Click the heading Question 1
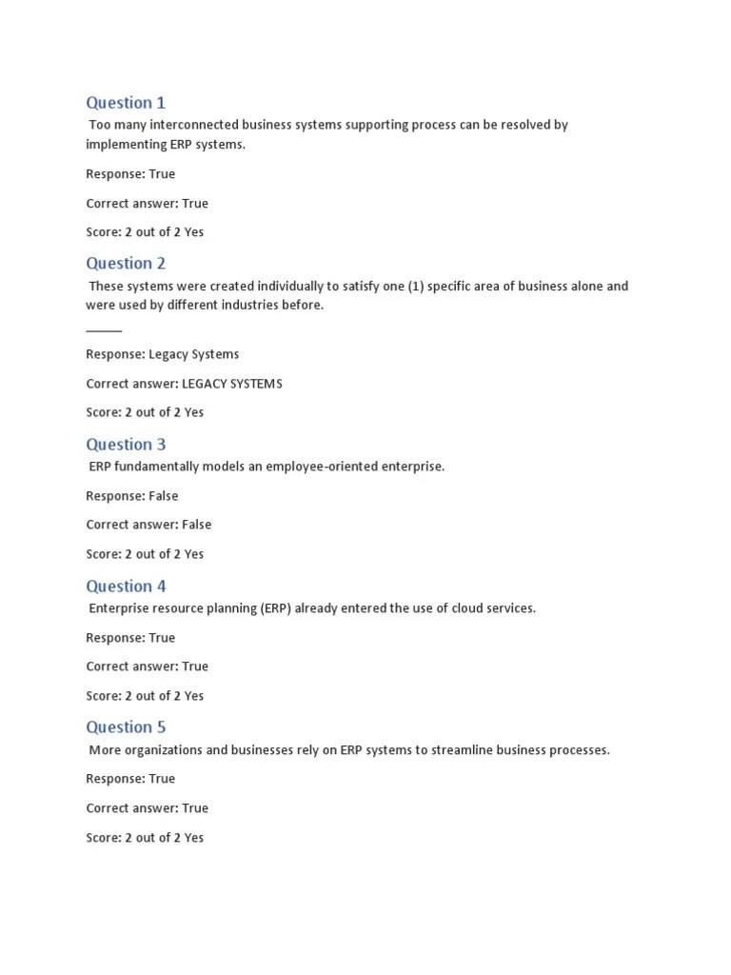tap(126, 103)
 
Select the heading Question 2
tap(126, 264)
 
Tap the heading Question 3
tap(126, 445)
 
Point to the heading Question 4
tap(126, 587)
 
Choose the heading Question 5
tap(126, 727)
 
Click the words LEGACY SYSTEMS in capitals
tap(232, 384)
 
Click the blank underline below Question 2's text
tap(104, 330)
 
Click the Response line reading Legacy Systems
tap(162, 354)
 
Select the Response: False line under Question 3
tap(131, 496)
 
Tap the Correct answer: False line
tap(148, 525)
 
